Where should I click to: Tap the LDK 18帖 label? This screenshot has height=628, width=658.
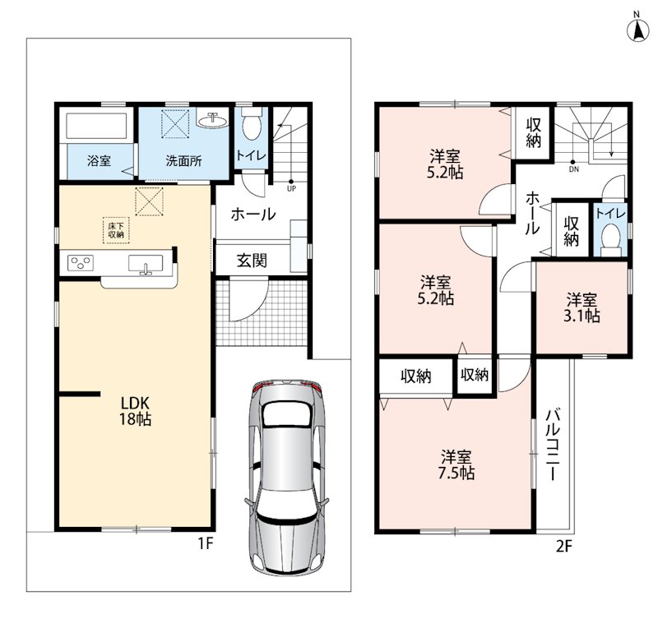(135, 411)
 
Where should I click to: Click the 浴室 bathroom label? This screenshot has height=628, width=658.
(99, 160)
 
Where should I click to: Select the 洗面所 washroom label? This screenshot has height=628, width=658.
(183, 160)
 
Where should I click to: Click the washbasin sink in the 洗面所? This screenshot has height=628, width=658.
(213, 120)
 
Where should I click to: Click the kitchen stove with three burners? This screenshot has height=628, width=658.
(81, 263)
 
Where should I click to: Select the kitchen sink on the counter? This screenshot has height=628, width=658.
(146, 265)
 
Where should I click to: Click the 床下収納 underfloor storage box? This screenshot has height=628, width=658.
(116, 230)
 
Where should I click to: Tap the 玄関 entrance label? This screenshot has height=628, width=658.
(252, 261)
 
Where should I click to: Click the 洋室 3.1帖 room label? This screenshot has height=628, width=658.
(582, 307)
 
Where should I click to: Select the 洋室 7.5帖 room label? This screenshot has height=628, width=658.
(456, 464)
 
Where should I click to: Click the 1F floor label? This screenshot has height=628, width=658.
(206, 544)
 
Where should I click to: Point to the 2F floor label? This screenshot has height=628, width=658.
(564, 546)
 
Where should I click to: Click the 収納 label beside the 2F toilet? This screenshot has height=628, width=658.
(571, 231)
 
